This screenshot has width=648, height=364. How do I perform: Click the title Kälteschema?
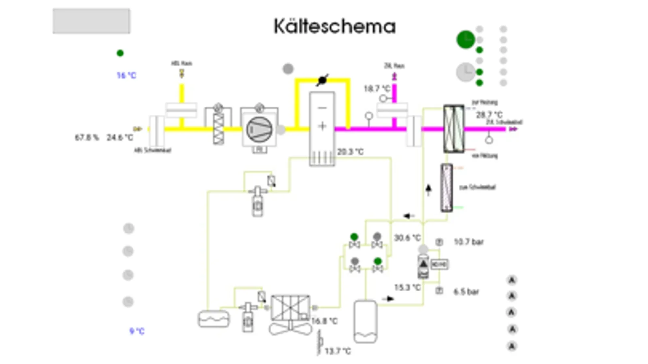334,27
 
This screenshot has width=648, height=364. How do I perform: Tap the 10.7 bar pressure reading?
468,242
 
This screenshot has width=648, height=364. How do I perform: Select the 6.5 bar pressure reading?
466,292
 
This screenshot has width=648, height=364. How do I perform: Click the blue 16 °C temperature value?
126,75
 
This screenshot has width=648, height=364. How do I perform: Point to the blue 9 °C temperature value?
137,331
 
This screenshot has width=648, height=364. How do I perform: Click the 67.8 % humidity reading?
87,138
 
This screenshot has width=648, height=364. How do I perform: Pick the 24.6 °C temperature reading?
120,138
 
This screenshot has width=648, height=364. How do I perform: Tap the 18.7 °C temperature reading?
376,89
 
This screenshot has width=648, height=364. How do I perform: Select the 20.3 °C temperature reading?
350,152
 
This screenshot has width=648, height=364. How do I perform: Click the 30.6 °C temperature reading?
407,238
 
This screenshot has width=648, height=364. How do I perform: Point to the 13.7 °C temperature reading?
338,351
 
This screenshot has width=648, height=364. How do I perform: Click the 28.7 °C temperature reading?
489,115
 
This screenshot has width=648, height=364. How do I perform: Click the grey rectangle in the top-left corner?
91,21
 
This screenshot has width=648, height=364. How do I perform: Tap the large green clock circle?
466,40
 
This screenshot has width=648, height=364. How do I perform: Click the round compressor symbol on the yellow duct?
259,129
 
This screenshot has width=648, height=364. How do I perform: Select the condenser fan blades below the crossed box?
291,328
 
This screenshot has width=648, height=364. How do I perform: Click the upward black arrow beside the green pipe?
428,189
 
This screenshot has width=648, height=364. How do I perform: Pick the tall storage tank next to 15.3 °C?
365,321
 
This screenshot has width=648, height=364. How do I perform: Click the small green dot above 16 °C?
120,53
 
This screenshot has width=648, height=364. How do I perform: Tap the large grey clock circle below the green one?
466,72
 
